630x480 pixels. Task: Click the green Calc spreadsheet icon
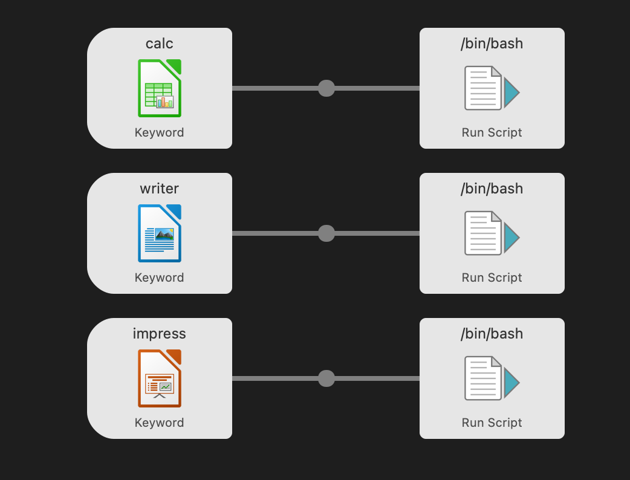pos(160,88)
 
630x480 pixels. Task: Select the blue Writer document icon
pos(160,233)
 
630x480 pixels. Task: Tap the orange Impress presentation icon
pos(160,378)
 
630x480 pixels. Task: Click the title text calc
pos(160,44)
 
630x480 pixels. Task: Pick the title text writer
pos(160,189)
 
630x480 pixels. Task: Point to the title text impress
pos(160,334)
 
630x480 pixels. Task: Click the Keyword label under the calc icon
pos(160,132)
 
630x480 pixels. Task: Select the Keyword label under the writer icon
pos(160,277)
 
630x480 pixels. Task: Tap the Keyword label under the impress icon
pos(160,423)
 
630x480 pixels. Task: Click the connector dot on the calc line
pos(326,88)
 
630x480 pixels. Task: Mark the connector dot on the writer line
pos(326,233)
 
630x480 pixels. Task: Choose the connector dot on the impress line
pos(326,378)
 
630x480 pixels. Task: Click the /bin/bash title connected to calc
pos(492,44)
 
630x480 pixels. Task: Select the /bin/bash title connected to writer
pos(492,189)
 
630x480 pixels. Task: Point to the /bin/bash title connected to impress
pos(492,334)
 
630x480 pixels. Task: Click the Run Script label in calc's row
pos(492,132)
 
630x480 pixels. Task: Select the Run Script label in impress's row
pos(492,423)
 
